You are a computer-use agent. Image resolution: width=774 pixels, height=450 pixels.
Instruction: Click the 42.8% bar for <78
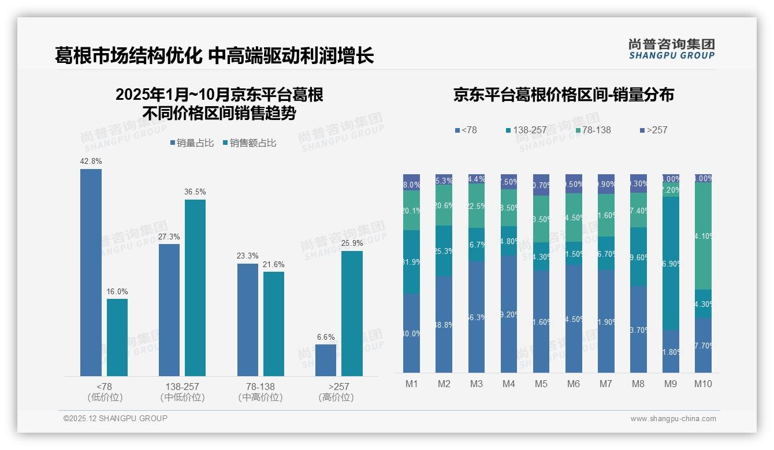tap(91, 272)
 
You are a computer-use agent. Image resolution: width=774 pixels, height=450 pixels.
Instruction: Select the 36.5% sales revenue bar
tap(195, 287)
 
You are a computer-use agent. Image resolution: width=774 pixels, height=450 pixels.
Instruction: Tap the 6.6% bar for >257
tap(325, 360)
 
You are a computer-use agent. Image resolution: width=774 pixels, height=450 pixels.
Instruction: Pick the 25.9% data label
tap(352, 243)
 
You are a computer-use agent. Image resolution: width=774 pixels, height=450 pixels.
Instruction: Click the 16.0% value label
tap(117, 291)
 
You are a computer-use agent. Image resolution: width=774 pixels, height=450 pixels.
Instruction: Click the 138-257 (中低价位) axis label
tap(182, 392)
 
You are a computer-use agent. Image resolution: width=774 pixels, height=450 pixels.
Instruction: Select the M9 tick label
tap(671, 384)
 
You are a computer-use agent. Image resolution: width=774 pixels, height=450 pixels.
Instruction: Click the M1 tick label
tap(411, 384)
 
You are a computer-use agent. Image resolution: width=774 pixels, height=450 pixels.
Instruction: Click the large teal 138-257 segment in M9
tap(671, 263)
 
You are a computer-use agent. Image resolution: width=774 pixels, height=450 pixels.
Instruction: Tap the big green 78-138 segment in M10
tap(703, 236)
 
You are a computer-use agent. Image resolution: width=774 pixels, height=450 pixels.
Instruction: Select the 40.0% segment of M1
tap(411, 333)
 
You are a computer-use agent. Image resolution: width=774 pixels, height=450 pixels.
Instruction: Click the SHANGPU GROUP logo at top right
tap(671, 48)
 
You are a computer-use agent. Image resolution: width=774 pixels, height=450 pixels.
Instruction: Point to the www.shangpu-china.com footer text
tap(673, 419)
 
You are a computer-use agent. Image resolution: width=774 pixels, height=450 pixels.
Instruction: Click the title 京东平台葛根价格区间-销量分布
tap(563, 95)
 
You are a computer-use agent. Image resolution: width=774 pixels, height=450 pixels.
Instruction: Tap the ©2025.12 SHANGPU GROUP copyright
tap(116, 418)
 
